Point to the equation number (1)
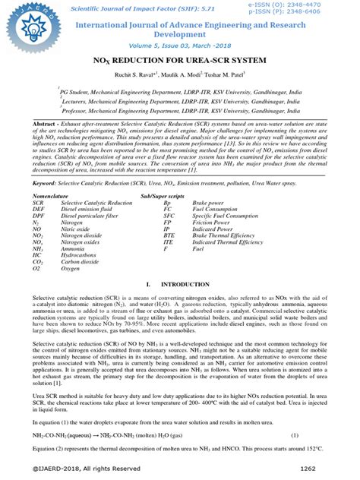[x=295, y=436]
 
